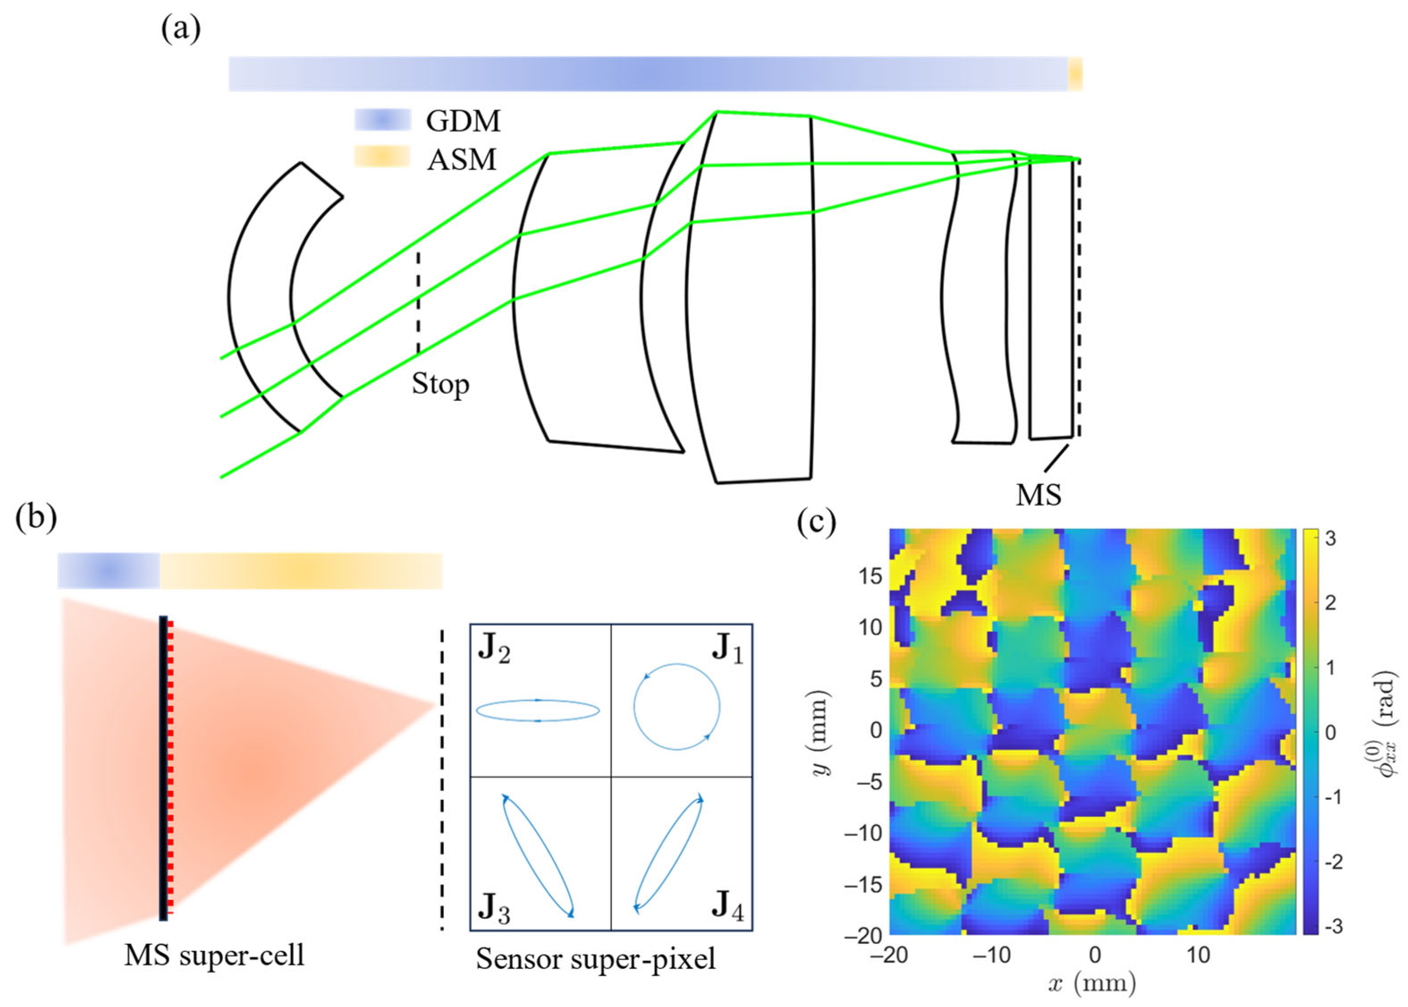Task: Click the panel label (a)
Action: pos(181,29)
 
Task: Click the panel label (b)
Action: pos(36,516)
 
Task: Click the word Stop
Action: pos(440,385)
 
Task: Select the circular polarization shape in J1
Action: pos(677,707)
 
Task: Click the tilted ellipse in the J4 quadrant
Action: pos(668,853)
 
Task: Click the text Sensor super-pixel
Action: pos(595,959)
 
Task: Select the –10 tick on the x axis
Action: pos(990,956)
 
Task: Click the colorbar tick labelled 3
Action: pos(1329,539)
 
